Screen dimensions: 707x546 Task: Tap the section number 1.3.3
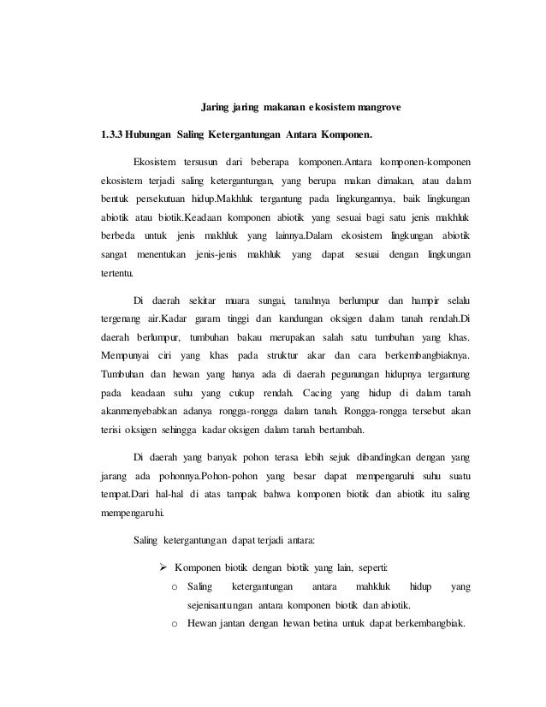point(111,135)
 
